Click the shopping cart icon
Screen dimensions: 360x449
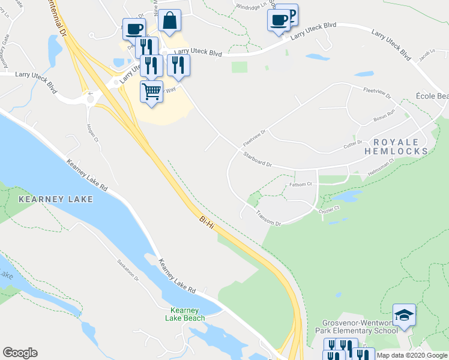151,92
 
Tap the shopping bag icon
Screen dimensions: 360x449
170,20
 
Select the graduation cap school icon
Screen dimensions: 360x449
404,315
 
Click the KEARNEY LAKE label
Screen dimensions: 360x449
56,199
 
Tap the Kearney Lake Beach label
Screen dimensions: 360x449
185,314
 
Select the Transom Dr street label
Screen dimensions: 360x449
268,218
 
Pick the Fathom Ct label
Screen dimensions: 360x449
301,184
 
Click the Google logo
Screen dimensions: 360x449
20,353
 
